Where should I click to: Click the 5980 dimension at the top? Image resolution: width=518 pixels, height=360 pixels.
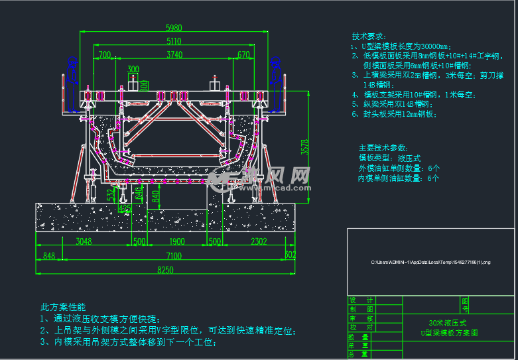pos(173,28)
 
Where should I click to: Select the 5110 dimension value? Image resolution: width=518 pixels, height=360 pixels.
pos(173,41)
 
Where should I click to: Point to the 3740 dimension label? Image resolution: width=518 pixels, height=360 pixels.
pos(174,54)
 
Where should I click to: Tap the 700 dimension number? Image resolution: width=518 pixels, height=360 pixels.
pos(104,54)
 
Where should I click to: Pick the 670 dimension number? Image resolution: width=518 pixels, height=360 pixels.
pos(243,54)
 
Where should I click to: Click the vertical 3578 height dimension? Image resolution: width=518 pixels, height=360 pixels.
pos(304,147)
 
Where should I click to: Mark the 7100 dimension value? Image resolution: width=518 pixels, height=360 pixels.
pos(174,256)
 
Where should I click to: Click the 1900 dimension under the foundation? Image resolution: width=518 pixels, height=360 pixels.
pos(176,241)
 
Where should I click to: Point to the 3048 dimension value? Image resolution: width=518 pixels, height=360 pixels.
pos(84,241)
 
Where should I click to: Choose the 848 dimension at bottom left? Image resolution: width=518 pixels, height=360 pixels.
pos(48,256)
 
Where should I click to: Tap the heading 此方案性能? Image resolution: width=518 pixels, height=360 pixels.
pos(63,307)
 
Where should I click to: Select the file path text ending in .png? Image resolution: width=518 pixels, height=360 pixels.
pos(430,263)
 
